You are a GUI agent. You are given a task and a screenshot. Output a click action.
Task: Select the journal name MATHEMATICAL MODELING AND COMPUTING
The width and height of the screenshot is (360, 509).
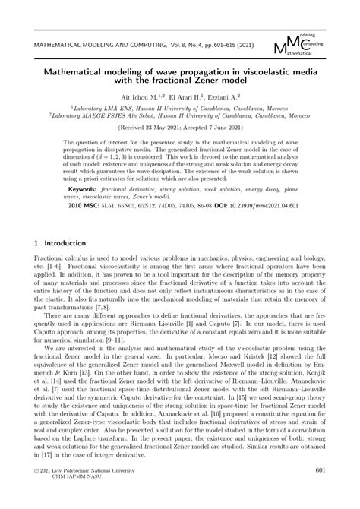point(101,46)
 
